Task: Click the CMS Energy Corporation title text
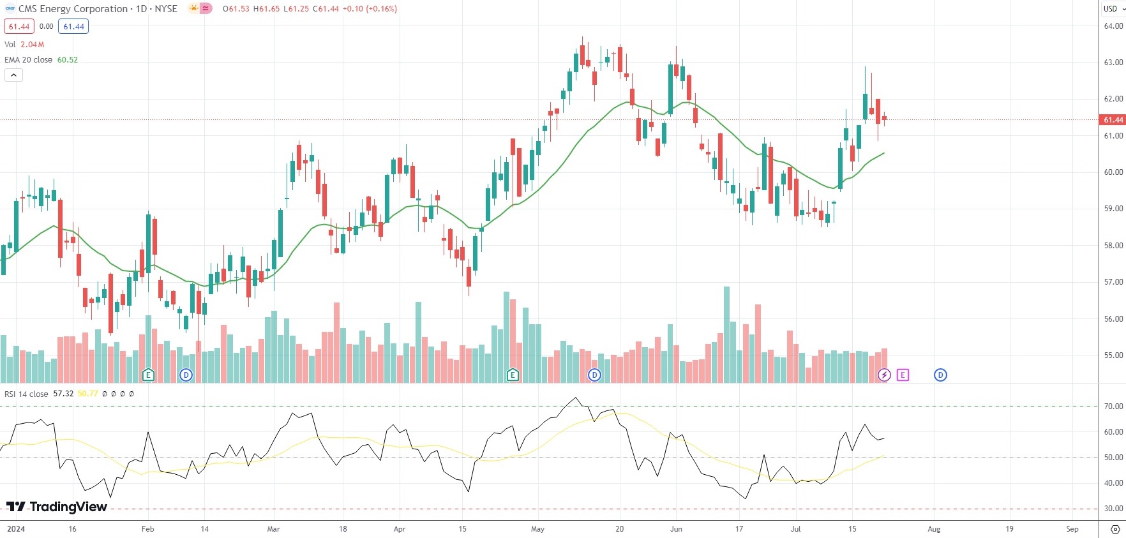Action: pyautogui.click(x=73, y=9)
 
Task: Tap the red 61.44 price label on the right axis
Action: pyautogui.click(x=1113, y=120)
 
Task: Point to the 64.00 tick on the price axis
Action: pyautogui.click(x=1113, y=26)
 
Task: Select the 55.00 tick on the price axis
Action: pyautogui.click(x=1113, y=355)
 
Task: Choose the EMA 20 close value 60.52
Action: pyautogui.click(x=68, y=60)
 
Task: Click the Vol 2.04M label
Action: pyautogui.click(x=24, y=45)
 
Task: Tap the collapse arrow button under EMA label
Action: pyautogui.click(x=13, y=75)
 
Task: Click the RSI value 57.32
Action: pyautogui.click(x=63, y=394)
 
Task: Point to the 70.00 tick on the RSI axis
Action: pyautogui.click(x=1113, y=407)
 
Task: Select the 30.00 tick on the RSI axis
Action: pyautogui.click(x=1113, y=509)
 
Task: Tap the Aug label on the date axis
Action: pyautogui.click(x=934, y=529)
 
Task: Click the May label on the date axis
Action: pyautogui.click(x=537, y=529)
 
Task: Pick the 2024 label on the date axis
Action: pyautogui.click(x=15, y=529)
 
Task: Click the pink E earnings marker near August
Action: pyautogui.click(x=903, y=375)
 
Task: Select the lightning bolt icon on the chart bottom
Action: pyautogui.click(x=884, y=375)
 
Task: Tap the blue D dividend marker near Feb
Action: pyautogui.click(x=186, y=375)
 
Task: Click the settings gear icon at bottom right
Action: pyautogui.click(x=1115, y=529)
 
